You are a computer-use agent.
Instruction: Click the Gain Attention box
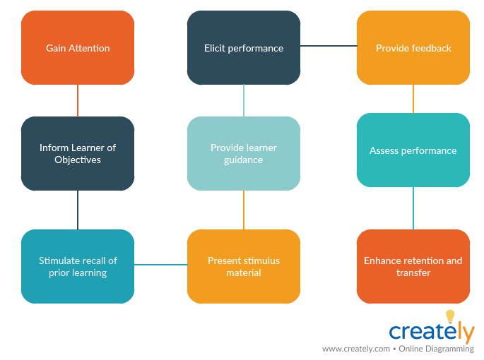78,48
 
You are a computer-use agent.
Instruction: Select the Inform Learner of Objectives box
78,153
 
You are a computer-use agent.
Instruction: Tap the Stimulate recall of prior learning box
78,266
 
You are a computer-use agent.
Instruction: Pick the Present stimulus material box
244,266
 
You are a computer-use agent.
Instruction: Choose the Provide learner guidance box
244,153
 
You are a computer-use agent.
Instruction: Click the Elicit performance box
244,48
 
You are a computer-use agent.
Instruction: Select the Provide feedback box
413,48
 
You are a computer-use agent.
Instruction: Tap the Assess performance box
413,150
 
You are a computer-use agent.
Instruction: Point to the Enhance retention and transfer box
413,266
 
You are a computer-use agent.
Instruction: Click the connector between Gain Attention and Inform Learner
78,100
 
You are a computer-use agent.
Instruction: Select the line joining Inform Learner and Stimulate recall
78,210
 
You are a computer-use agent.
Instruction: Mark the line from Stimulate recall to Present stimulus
160,265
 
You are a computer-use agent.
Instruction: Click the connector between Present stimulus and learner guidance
244,210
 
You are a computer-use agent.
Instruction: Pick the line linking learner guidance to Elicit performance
244,100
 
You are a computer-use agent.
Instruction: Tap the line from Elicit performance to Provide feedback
329,46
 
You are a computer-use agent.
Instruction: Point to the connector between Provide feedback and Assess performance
413,99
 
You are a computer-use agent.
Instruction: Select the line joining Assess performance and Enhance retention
413,208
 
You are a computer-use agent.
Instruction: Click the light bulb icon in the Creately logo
450,317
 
